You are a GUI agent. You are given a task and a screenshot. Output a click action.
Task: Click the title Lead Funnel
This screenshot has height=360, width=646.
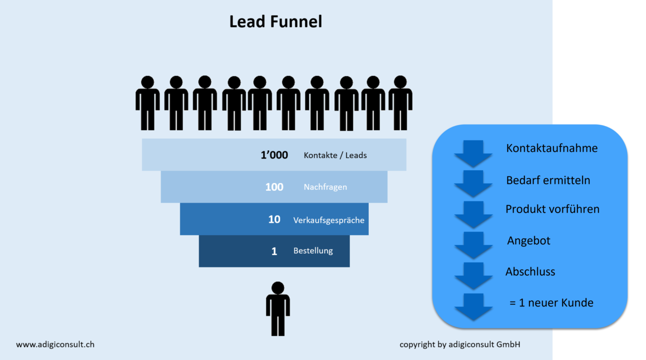pyautogui.click(x=275, y=22)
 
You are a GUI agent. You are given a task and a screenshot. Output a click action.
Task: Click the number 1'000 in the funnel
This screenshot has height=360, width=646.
pyautogui.click(x=274, y=155)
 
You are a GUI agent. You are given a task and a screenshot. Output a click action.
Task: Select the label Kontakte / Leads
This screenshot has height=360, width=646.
pyautogui.click(x=335, y=155)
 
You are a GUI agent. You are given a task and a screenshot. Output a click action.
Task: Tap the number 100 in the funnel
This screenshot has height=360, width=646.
pyautogui.click(x=274, y=187)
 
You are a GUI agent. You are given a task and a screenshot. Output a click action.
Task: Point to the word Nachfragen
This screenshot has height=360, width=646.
pyautogui.click(x=325, y=187)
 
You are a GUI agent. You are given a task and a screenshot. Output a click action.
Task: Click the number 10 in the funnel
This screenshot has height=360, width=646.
pyautogui.click(x=274, y=220)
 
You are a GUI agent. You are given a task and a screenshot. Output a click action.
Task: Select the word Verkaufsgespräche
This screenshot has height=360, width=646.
pyautogui.click(x=328, y=220)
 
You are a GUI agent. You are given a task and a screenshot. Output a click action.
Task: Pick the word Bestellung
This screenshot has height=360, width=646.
pyautogui.click(x=313, y=251)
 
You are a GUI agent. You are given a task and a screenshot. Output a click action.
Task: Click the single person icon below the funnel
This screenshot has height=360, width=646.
pyautogui.click(x=278, y=309)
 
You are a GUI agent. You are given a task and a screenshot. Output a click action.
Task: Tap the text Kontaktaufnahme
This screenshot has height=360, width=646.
pyautogui.click(x=551, y=148)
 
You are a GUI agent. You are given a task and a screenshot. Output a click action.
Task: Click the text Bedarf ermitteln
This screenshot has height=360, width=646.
pyautogui.click(x=548, y=180)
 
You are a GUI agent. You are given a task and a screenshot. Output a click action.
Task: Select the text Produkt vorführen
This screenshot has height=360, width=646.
pyautogui.click(x=552, y=209)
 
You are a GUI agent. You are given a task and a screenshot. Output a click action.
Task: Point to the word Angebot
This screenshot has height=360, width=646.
pyautogui.click(x=529, y=241)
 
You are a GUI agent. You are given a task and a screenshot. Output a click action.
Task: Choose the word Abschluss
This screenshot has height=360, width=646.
pyautogui.click(x=530, y=272)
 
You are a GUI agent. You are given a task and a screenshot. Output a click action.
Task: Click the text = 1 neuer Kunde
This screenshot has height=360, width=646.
pyautogui.click(x=551, y=303)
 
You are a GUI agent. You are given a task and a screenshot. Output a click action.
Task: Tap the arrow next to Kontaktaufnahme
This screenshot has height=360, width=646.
pyautogui.click(x=473, y=154)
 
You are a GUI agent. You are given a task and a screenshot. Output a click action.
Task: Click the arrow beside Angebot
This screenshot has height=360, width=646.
pyautogui.click(x=473, y=245)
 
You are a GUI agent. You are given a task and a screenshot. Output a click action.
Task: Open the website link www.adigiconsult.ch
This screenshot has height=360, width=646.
pyautogui.click(x=55, y=344)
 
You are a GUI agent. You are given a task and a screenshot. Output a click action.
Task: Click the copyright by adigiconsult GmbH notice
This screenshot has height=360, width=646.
pyautogui.click(x=460, y=344)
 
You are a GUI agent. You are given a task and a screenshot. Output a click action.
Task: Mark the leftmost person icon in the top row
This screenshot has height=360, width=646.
pyautogui.click(x=147, y=103)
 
